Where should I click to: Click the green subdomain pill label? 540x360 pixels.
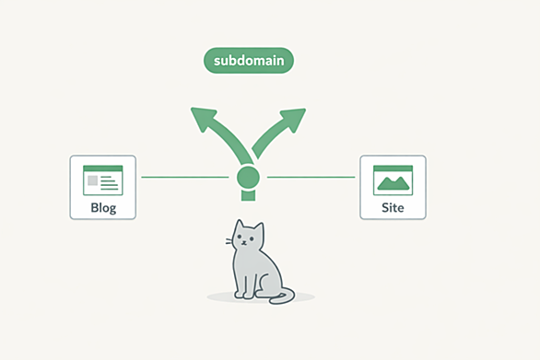pos(248,61)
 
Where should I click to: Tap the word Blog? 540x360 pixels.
pos(103,207)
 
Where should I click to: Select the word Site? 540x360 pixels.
pos(393,207)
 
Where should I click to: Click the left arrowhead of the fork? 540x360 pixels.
pos(203,119)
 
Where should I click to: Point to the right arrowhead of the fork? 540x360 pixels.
pos(293,120)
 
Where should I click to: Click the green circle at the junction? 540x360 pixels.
pos(248,178)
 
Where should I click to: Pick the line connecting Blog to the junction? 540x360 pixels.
pos(185,178)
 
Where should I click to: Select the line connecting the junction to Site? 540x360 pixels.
pos(311,178)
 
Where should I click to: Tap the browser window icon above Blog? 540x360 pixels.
pos(103,180)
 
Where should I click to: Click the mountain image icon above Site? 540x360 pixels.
pos(393,183)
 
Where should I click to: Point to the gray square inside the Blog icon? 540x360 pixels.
pos(93,180)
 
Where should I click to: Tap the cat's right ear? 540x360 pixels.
pos(259,229)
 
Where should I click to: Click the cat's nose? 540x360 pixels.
pos(244,242)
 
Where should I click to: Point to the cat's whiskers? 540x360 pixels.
pos(229,241)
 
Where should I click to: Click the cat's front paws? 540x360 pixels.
pos(244,295)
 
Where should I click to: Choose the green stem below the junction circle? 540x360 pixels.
pos(248,195)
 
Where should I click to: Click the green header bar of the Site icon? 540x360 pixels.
pos(393,168)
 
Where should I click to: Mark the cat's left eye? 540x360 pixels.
pos(240,237)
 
